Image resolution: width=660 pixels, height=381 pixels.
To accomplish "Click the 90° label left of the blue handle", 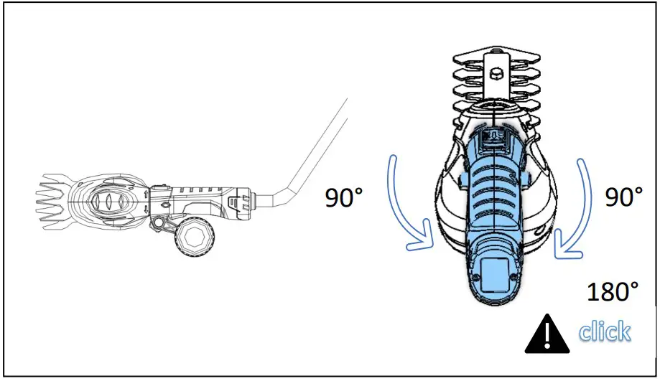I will (350, 197).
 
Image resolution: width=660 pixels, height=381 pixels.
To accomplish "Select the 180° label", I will (613, 292).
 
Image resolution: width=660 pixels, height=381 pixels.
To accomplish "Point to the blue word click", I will (605, 331).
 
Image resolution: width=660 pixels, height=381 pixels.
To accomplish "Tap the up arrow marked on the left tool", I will (146, 193).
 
